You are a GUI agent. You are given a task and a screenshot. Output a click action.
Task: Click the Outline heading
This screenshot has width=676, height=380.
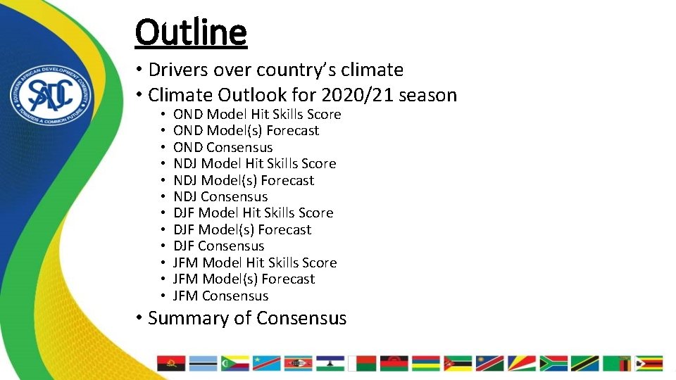tap(191, 32)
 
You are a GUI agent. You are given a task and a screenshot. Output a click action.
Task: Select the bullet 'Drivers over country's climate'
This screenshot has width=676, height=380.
tap(275, 70)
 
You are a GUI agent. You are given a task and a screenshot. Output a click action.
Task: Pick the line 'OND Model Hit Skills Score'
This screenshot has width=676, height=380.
tap(257, 114)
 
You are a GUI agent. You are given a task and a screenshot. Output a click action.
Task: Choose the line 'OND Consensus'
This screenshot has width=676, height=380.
tap(223, 147)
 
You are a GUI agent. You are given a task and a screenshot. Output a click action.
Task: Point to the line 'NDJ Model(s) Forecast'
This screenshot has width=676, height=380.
tap(244, 180)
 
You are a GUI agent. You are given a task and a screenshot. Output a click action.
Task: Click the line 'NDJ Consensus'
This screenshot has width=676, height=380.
tap(220, 196)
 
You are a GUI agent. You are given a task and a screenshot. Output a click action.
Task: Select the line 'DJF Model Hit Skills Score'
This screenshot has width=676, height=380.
tap(253, 213)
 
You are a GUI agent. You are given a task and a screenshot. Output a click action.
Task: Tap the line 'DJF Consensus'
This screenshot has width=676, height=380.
tap(218, 246)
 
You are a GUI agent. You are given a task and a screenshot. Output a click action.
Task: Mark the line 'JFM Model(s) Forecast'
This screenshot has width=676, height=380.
tap(244, 279)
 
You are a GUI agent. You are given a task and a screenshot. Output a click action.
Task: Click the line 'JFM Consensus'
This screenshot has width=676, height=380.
tap(220, 296)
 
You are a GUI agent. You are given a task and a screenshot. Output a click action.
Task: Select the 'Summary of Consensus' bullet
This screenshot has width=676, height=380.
tap(247, 318)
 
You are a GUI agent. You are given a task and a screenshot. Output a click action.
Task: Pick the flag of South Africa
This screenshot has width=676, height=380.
tap(553, 363)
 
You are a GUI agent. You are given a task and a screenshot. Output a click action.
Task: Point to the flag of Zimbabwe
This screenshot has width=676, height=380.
tap(649, 363)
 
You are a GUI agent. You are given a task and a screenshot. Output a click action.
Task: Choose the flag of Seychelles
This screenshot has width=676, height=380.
tap(522, 363)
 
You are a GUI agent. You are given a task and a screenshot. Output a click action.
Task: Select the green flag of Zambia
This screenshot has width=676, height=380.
tap(617, 363)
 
